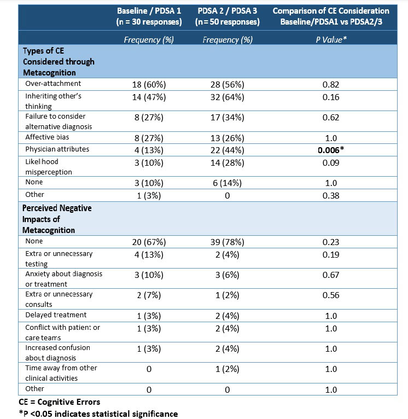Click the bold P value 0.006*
click(331, 149)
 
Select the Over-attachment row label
click(53, 84)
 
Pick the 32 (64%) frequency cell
click(227, 97)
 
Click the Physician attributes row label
click(57, 149)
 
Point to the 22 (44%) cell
click(227, 149)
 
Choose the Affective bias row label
click(48, 138)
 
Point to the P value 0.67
click(331, 279)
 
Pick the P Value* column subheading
click(331, 39)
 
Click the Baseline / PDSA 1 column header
click(149, 16)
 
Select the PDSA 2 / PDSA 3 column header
click(227, 16)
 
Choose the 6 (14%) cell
click(227, 183)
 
